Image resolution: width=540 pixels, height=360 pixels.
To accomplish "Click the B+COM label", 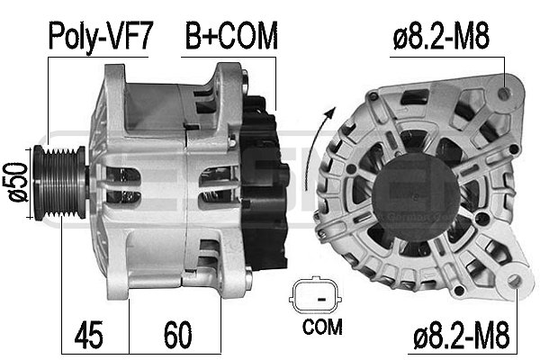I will click(x=231, y=37).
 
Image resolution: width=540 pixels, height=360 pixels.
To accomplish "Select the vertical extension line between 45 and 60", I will click(x=130, y=324).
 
